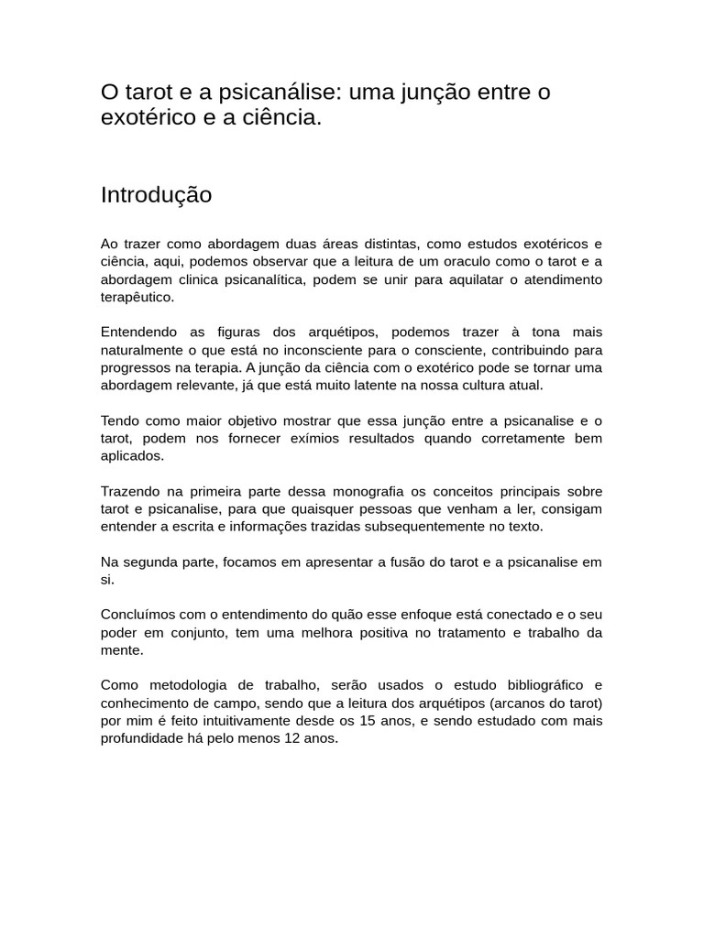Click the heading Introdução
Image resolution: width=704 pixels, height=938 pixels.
tap(156, 195)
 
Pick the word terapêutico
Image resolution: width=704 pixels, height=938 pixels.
tap(137, 298)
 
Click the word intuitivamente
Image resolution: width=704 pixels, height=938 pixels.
tap(277, 720)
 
